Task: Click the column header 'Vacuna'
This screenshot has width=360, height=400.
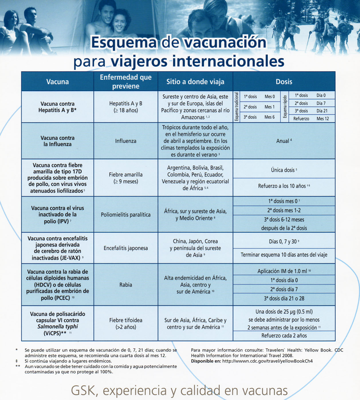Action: click(x=58, y=82)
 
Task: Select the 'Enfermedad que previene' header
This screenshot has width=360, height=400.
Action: click(x=126, y=82)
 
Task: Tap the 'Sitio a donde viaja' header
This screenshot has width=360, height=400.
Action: click(x=195, y=82)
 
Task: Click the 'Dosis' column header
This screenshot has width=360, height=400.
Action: click(x=284, y=82)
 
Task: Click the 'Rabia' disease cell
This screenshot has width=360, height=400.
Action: click(x=126, y=285)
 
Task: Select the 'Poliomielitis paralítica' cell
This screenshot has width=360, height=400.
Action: click(x=126, y=215)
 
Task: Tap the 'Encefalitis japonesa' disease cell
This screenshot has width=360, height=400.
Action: click(x=126, y=248)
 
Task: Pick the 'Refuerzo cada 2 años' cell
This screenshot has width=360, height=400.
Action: click(x=284, y=336)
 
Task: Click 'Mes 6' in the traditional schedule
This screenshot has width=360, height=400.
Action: click(x=269, y=117)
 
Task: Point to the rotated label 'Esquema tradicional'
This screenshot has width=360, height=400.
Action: click(x=237, y=107)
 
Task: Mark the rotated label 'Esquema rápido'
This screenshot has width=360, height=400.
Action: click(x=285, y=107)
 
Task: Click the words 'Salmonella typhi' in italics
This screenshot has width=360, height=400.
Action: click(x=58, y=327)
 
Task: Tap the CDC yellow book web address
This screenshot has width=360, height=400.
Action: click(x=267, y=361)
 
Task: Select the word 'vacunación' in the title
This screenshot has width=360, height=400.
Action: click(x=225, y=42)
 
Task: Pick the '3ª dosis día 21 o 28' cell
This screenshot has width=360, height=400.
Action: click(x=284, y=299)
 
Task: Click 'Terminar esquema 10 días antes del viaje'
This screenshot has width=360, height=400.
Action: click(x=284, y=255)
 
